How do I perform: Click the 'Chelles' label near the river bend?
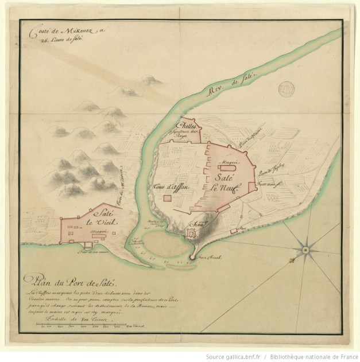click(x=187, y=125)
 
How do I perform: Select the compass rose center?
click(x=305, y=250)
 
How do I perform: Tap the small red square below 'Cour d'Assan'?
click(x=167, y=198)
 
